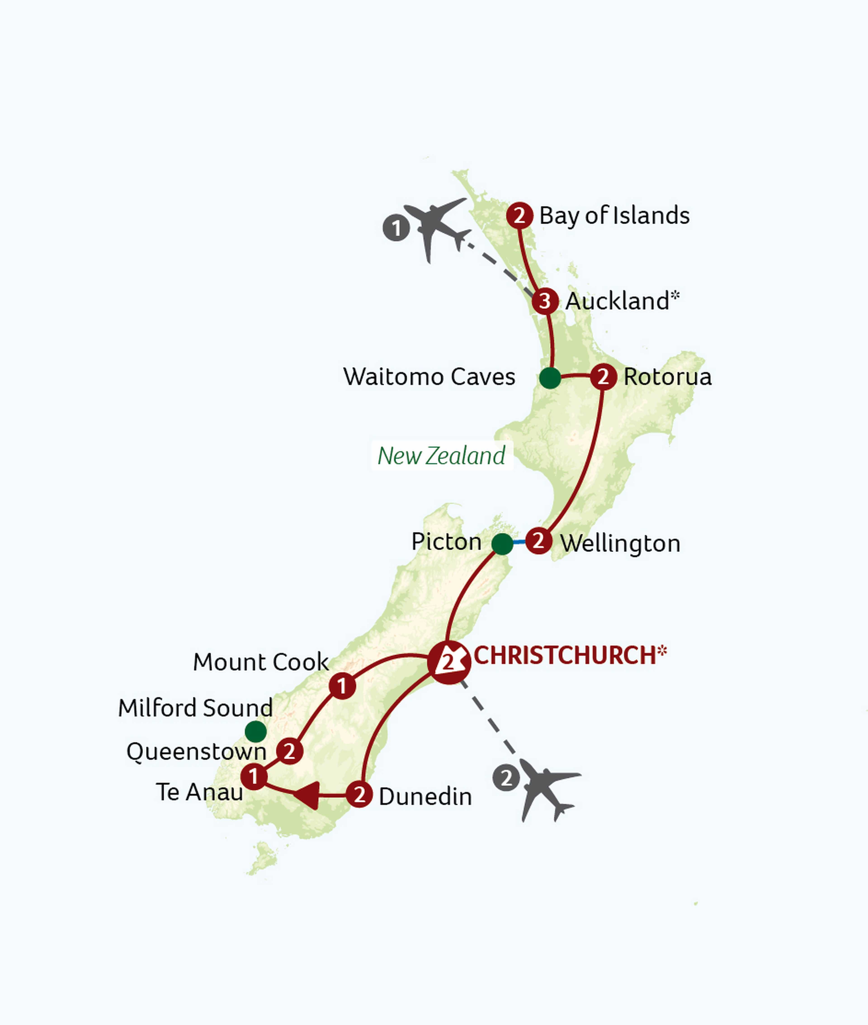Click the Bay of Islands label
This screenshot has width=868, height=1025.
coord(614,216)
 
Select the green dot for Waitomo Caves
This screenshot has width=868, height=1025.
coord(550,378)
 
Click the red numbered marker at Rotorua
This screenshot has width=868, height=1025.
coord(603,377)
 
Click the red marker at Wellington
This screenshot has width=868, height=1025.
coord(538,541)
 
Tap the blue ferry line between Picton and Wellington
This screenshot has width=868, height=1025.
coord(520,543)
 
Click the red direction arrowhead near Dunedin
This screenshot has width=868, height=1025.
coord(308,795)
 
